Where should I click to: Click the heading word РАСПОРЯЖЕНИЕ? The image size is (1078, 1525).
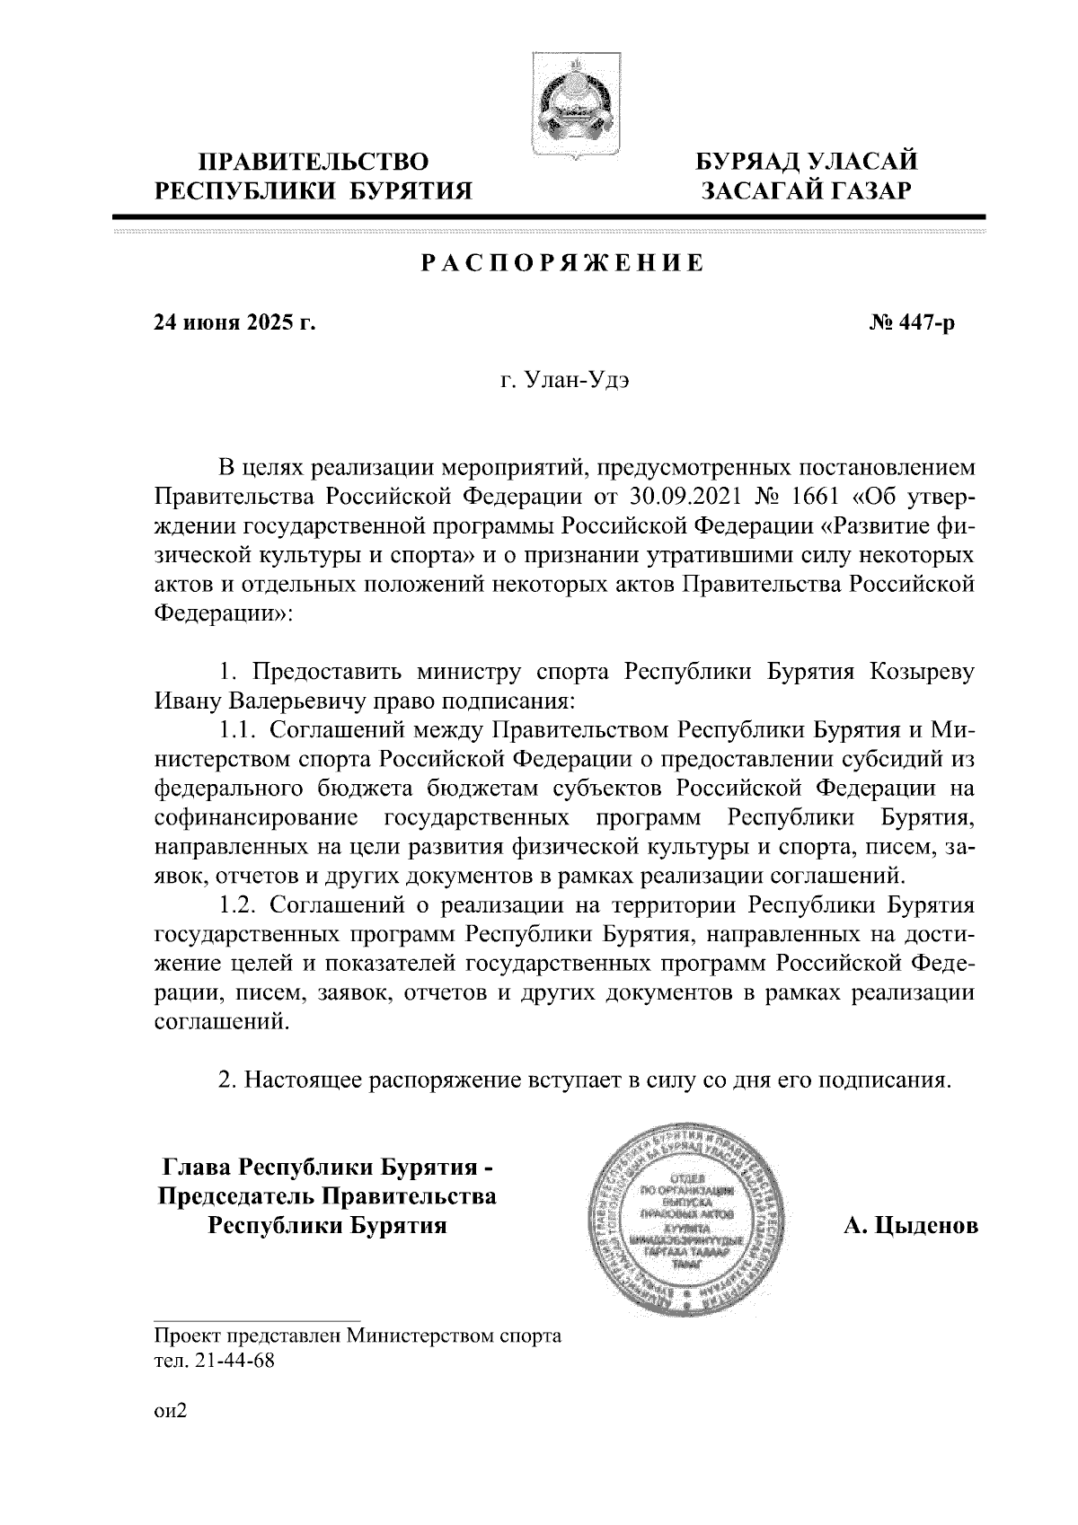pyautogui.click(x=562, y=264)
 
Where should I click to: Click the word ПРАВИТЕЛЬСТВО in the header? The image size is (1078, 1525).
pyautogui.click(x=314, y=163)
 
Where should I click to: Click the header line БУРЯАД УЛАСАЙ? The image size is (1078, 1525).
pyautogui.click(x=808, y=163)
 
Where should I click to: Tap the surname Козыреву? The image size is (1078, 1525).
pyautogui.click(x=923, y=674)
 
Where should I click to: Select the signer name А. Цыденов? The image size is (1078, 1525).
pyautogui.click(x=909, y=1227)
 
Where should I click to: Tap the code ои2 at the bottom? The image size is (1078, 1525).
pyautogui.click(x=170, y=1412)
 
